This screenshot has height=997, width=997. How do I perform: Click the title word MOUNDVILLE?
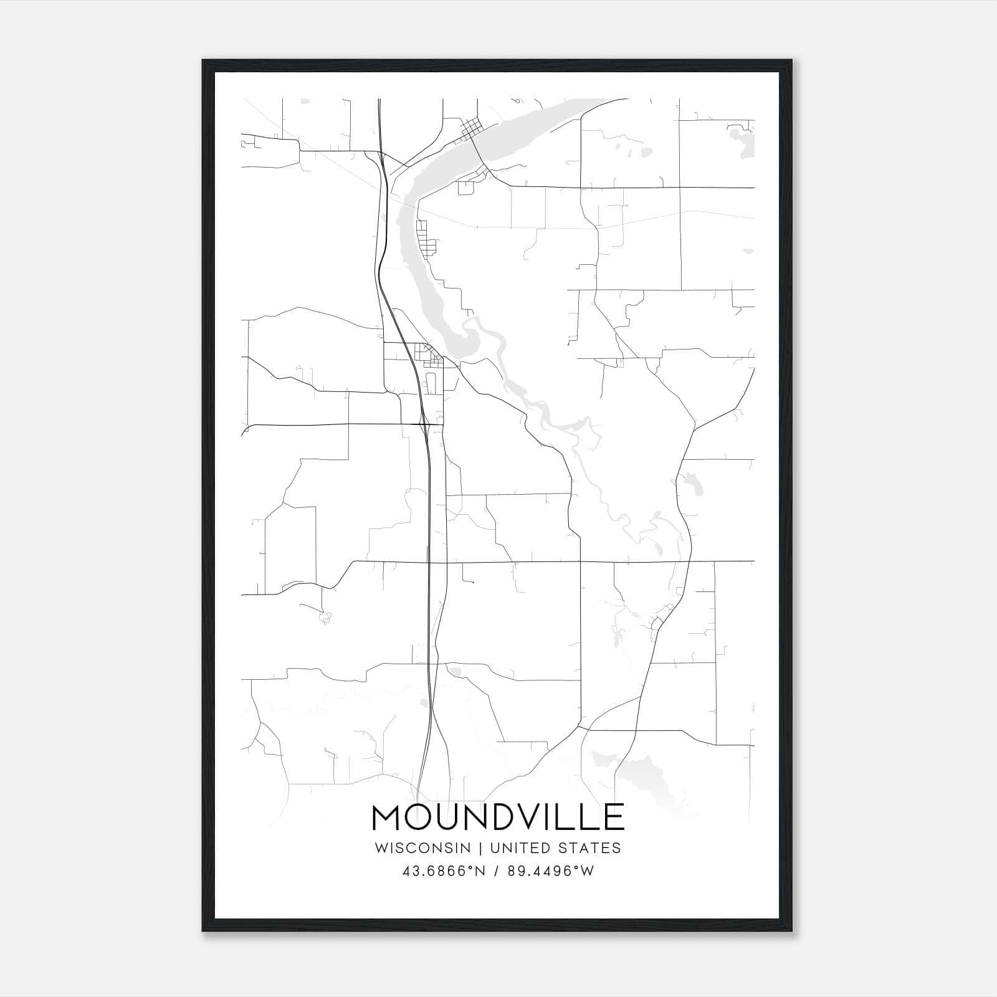[x=498, y=817]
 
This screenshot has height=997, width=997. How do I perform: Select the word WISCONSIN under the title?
[x=427, y=848]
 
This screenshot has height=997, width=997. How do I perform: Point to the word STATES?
[x=593, y=848]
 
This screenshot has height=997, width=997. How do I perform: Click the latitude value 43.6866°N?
[x=443, y=871]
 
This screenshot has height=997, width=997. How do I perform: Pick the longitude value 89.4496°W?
[x=544, y=871]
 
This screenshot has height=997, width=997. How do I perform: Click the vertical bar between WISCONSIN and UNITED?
[x=484, y=848]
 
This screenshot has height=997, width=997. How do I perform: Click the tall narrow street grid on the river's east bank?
[x=426, y=239]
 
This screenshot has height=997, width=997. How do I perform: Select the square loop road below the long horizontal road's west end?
[x=465, y=188]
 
